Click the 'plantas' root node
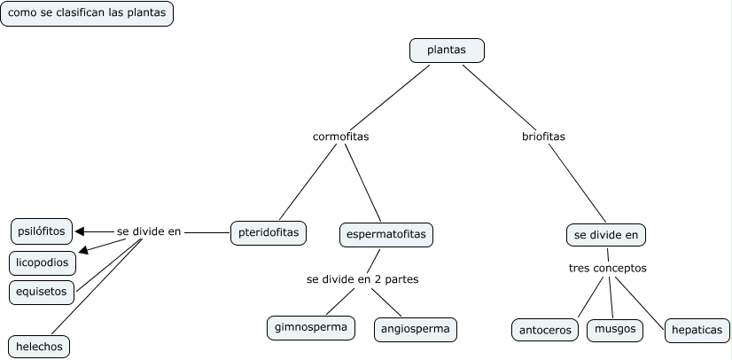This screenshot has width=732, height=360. (x=447, y=51)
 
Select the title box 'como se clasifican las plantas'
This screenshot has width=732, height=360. (x=87, y=14)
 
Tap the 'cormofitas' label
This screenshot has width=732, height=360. (x=340, y=137)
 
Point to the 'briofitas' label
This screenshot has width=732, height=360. (x=543, y=137)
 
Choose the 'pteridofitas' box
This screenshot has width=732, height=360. (x=269, y=232)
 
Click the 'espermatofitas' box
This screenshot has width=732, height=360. (x=385, y=234)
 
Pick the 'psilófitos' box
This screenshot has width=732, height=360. (x=41, y=231)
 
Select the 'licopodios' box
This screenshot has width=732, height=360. (x=43, y=262)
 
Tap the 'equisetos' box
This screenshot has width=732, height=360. (x=41, y=291)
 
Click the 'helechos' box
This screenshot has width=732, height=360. (x=39, y=346)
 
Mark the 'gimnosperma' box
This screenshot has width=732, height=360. (x=311, y=327)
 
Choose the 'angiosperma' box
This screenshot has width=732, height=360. (x=416, y=329)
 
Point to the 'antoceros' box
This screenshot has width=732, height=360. (x=543, y=330)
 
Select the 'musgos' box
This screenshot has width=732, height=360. (x=615, y=329)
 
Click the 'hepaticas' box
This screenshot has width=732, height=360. (x=697, y=330)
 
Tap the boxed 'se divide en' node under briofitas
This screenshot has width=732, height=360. (x=606, y=235)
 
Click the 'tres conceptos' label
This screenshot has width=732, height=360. (x=607, y=267)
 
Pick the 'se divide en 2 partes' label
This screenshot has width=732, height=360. (x=362, y=278)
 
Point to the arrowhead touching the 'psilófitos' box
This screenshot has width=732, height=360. (x=80, y=231)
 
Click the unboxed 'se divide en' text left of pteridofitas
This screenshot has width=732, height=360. (x=149, y=231)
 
